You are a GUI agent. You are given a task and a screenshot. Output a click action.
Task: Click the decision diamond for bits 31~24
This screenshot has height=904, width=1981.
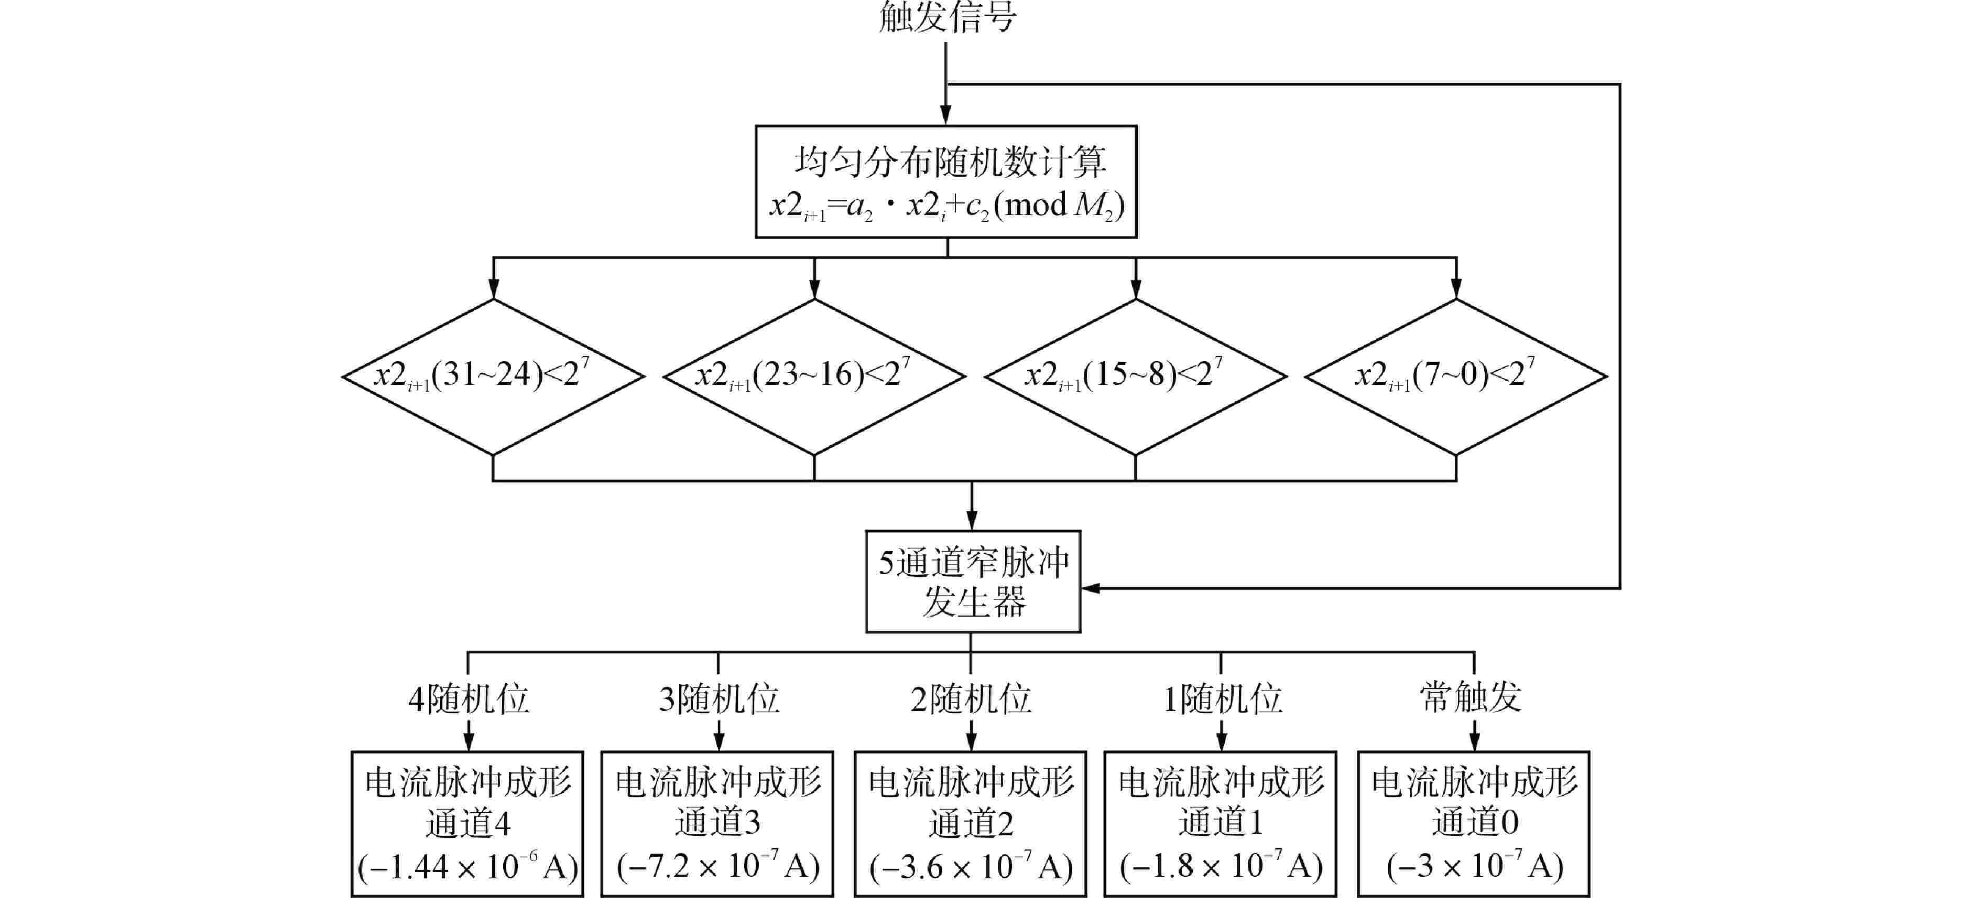click(493, 376)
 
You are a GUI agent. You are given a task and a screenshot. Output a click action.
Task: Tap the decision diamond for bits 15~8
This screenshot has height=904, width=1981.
click(1135, 376)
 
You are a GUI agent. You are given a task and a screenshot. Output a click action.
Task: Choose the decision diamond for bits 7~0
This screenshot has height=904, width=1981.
click(1456, 376)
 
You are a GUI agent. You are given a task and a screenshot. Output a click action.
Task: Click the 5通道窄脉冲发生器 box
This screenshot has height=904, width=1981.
click(973, 582)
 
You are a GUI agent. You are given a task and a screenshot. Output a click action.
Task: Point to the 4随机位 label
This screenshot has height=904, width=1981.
click(469, 698)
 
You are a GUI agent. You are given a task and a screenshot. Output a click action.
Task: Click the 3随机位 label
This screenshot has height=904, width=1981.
click(719, 698)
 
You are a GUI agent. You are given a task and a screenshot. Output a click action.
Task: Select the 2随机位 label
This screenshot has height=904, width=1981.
click(971, 698)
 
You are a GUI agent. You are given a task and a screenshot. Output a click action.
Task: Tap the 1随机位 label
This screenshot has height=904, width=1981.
click(1222, 698)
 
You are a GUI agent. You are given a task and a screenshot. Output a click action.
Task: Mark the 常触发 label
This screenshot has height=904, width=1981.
click(1471, 697)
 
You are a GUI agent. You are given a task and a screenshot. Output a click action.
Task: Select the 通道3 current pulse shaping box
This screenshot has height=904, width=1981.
click(717, 823)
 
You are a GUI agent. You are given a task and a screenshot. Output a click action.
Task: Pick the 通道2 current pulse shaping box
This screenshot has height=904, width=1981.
click(971, 823)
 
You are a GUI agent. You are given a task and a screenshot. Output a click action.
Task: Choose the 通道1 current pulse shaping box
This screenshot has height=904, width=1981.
click(1221, 823)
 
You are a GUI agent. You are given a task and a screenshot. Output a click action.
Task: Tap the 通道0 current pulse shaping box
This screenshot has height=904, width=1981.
click(1474, 823)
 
